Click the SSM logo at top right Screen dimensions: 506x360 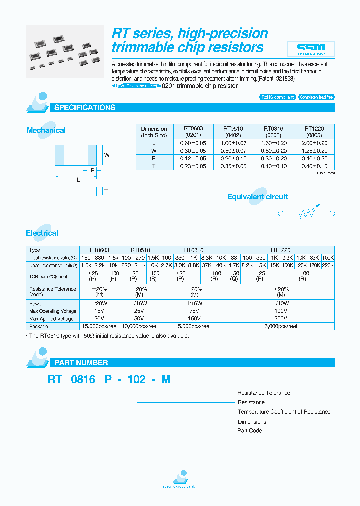pos(311,49)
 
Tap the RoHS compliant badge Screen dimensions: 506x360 pos(278,97)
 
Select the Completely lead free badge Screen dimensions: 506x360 pos(316,97)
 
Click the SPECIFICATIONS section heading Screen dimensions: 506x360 pos(84,108)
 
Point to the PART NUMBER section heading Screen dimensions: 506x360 pos(81,363)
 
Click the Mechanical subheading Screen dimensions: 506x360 pos(46,130)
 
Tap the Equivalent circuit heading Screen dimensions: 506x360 pos(257,197)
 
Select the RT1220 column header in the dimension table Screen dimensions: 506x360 pos(314,132)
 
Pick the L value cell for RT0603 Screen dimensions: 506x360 pos(193,143)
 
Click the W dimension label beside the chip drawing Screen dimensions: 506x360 pos(107,155)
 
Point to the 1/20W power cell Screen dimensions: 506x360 pos(100,303)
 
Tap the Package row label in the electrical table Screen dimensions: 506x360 pos(39,326)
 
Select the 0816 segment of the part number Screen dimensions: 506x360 pos(83,380)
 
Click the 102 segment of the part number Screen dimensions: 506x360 pos(136,380)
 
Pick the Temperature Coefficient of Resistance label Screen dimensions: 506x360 pos(284,412)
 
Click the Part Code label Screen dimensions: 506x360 pos(249,430)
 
